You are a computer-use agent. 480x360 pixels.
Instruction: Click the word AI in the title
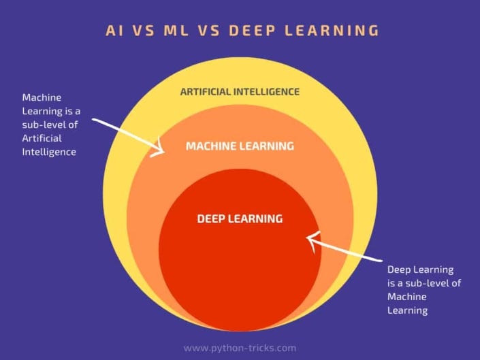pyautogui.click(x=114, y=31)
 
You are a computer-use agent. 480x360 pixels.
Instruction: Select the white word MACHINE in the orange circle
pyautogui.click(x=211, y=146)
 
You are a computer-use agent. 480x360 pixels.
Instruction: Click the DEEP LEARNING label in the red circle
pyautogui.click(x=239, y=219)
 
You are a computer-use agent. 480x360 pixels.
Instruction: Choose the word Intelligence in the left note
pyautogui.click(x=49, y=152)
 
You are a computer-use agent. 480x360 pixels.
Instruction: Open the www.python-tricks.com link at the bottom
pyautogui.click(x=240, y=348)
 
